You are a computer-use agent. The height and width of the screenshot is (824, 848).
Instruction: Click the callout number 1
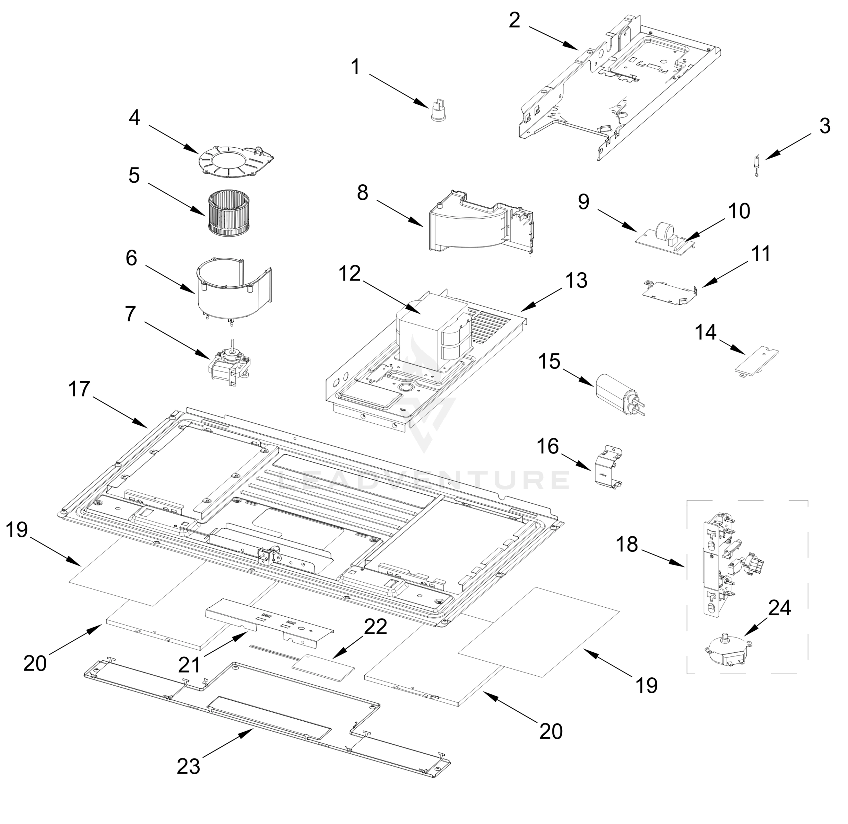355,67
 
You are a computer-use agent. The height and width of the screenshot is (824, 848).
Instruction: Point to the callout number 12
349,273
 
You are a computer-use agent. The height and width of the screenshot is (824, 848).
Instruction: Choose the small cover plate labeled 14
757,359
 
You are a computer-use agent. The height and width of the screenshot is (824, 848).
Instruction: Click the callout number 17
79,389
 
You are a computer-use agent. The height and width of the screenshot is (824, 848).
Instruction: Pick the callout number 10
739,211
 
